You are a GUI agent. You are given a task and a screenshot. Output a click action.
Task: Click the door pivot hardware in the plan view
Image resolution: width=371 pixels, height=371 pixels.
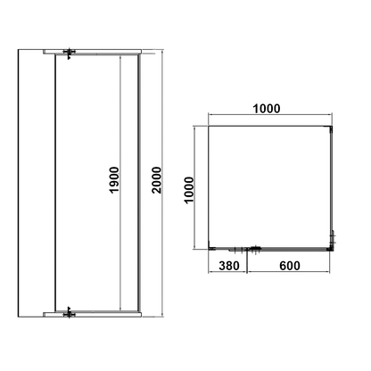pos(255,250)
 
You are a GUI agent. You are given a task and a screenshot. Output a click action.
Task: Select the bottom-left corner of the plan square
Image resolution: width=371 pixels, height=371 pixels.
pos(208,249)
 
